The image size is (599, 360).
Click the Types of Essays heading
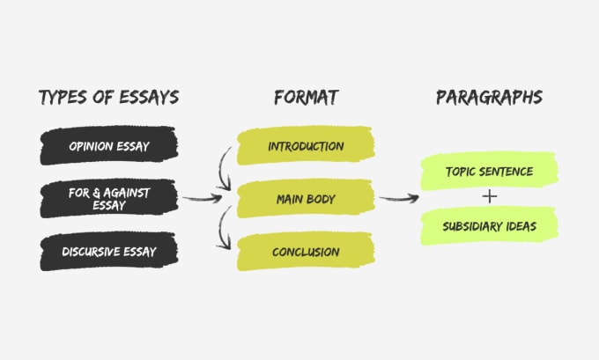pos(109,98)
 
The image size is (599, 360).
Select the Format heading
pos(307,98)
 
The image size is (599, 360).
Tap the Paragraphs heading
pos(490,98)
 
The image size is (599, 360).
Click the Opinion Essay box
pos(109,145)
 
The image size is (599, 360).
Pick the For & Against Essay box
pos(109,199)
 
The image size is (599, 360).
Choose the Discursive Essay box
pos(109,252)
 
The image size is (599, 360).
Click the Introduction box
pos(306,145)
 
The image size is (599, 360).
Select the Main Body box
pos(306,199)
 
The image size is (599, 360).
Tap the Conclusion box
pos(306,252)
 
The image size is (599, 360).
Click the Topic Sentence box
pos(490,171)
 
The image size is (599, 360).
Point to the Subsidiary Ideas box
pos(490,226)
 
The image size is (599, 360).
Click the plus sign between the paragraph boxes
pos(490,197)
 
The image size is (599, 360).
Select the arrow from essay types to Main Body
pos(203,199)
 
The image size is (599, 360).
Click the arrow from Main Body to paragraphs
pos(399,199)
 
